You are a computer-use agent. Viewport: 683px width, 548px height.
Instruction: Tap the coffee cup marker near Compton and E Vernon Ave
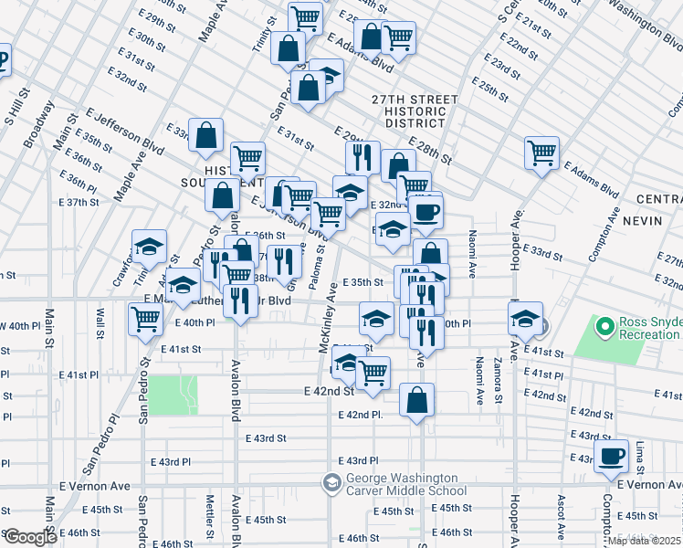pyautogui.click(x=612, y=455)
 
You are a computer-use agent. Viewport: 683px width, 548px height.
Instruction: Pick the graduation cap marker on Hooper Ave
pyautogui.click(x=525, y=319)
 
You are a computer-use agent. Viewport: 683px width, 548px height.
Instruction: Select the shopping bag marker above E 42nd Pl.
pyautogui.click(x=416, y=400)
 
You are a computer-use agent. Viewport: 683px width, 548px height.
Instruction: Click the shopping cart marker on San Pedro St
pyautogui.click(x=145, y=320)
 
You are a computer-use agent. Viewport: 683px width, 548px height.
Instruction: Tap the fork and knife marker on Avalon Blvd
pyautogui.click(x=240, y=300)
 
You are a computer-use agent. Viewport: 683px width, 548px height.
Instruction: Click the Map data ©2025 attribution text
pyautogui.click(x=643, y=541)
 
